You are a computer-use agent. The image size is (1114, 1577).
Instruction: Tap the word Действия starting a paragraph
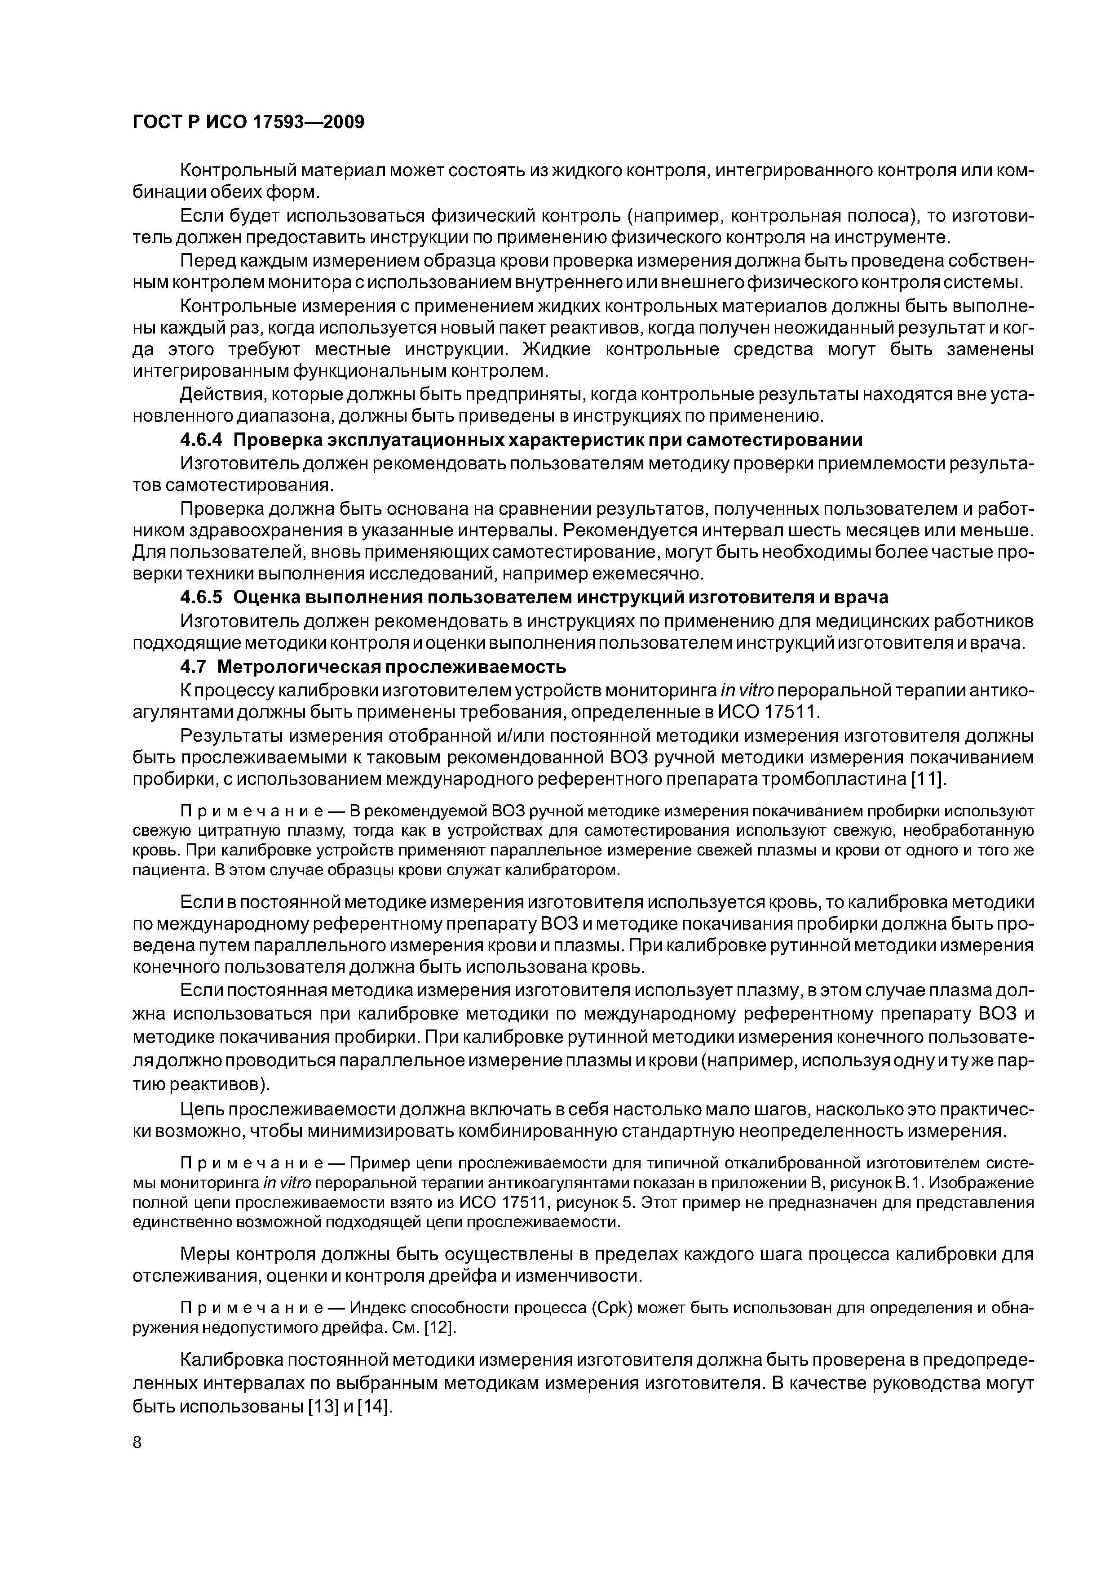point(221,394)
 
